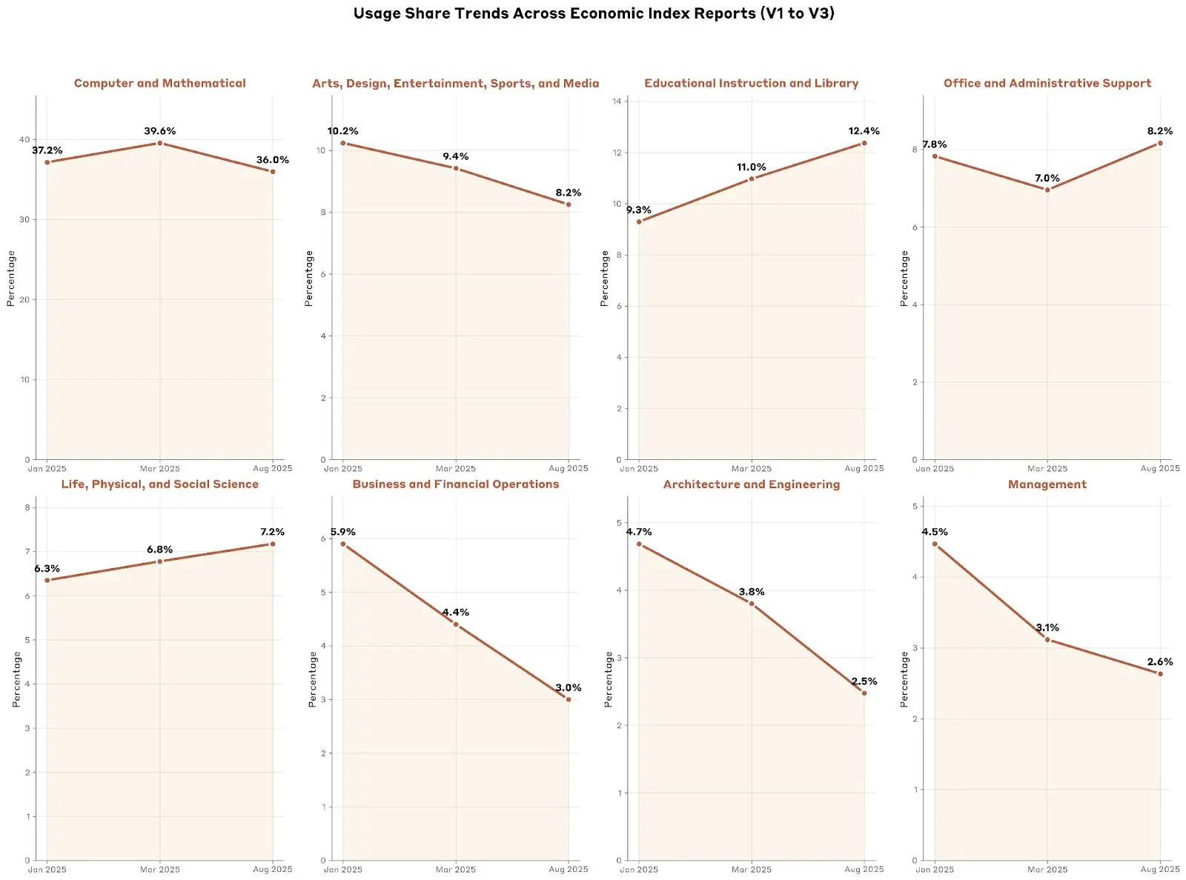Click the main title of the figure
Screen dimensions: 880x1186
coord(593,13)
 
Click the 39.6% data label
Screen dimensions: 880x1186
coord(159,131)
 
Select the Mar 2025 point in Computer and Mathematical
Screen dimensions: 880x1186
coord(159,143)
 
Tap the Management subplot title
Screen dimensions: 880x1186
coord(1047,484)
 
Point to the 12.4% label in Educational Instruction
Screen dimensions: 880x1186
coord(864,131)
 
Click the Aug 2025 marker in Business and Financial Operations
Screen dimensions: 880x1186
coord(569,699)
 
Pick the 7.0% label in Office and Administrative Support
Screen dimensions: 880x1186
coord(1047,179)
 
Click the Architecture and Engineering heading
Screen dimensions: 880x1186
coord(751,484)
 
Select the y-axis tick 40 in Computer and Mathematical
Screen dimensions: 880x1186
coord(25,139)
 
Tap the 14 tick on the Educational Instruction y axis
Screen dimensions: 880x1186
coord(617,101)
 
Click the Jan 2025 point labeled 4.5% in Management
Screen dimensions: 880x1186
coord(935,544)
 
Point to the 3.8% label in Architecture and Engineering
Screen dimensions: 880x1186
coord(751,592)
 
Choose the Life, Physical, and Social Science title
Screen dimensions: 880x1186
coord(159,484)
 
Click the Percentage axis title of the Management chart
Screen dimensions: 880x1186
coord(904,679)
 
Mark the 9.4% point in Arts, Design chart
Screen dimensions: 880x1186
coord(455,169)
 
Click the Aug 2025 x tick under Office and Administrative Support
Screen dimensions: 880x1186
coord(1159,468)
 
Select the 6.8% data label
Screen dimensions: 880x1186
coord(159,550)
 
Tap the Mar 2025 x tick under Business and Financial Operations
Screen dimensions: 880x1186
coord(455,870)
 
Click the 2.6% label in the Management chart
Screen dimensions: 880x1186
coord(1159,662)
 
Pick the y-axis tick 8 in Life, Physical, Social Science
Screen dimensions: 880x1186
coord(27,507)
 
